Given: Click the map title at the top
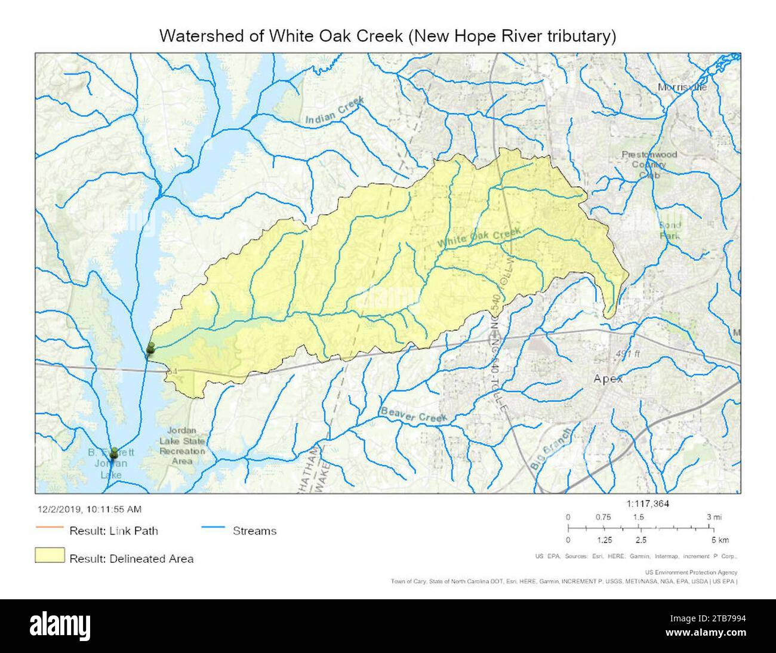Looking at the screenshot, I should tap(387, 36).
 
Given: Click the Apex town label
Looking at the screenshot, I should tap(608, 379).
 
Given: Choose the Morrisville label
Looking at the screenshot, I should tap(682, 87).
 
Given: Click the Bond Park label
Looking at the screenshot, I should tap(669, 230).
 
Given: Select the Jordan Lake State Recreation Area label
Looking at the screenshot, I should tap(186, 446).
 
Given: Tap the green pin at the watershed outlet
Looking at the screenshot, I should tap(150, 349).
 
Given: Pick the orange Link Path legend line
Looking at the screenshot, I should tap(50, 528).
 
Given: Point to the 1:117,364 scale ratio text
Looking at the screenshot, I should tap(648, 504).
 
